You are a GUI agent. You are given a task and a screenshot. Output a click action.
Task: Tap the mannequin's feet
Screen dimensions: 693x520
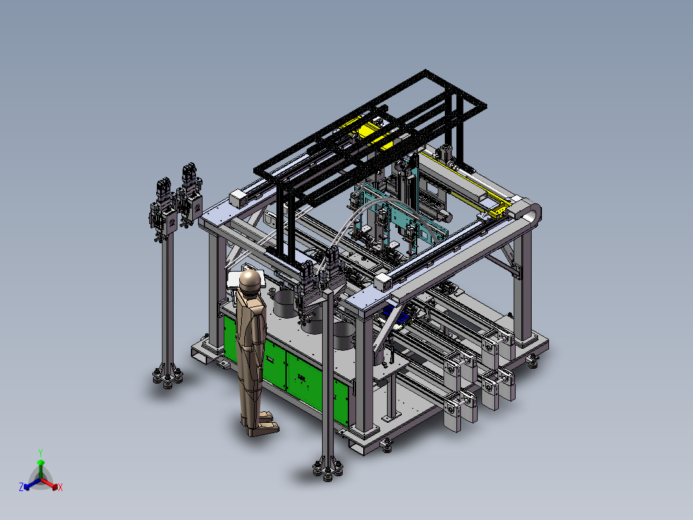261,423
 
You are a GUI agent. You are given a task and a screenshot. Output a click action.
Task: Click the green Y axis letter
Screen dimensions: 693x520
40,452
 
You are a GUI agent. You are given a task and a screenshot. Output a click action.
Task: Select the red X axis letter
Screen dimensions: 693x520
60,487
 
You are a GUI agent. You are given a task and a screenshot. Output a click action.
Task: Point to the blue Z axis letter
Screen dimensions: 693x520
21,487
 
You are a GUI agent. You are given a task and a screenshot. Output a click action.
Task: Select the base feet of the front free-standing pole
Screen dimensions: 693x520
327,469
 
